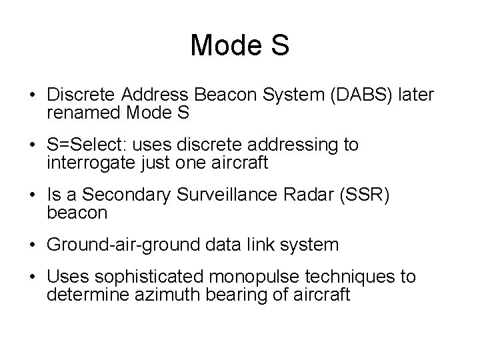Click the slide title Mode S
[239, 45]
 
